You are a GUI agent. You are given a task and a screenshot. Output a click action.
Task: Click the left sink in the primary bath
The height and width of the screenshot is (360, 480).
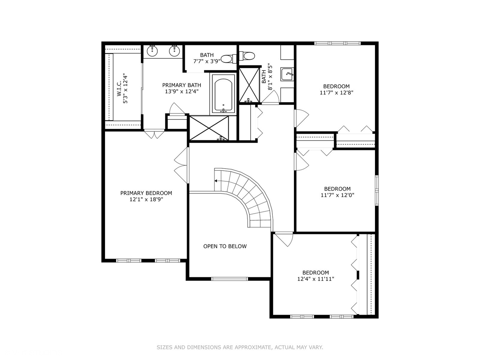[x=153, y=51]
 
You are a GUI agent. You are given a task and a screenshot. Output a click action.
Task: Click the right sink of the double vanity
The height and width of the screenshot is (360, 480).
[x=174, y=51]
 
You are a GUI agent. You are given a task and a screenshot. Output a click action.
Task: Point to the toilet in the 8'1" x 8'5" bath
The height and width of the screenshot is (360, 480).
[x=248, y=56]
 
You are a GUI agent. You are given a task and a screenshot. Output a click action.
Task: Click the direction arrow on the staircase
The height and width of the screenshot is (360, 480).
[x=216, y=181]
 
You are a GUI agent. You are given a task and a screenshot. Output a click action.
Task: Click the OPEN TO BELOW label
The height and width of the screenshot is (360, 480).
[x=225, y=246]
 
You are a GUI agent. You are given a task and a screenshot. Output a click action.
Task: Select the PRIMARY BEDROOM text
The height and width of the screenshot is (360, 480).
[x=146, y=193]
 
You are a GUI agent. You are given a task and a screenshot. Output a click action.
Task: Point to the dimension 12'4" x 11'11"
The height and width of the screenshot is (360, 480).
[x=315, y=279]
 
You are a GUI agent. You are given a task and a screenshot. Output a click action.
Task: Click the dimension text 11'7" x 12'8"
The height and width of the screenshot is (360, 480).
[x=336, y=93]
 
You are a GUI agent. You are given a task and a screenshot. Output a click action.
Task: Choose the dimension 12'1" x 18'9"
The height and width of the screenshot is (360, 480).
[x=146, y=200]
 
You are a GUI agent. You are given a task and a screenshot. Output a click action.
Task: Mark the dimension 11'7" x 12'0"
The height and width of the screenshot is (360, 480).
[x=337, y=195]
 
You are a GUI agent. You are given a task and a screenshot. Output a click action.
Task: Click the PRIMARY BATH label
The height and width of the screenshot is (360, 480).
[x=182, y=85]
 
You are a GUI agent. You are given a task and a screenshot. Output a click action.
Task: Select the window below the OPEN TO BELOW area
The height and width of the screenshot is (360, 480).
[x=230, y=279]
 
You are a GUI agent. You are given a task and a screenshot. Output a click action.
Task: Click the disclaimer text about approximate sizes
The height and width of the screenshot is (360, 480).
[x=240, y=347]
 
